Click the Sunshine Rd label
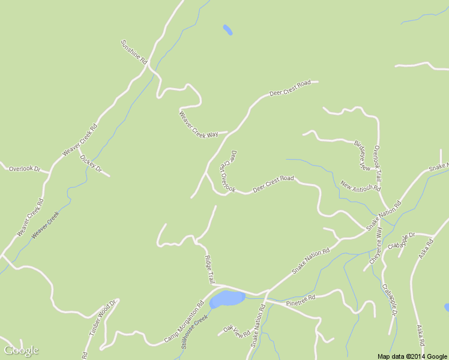tap(134, 52)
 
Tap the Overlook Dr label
tap(24, 169)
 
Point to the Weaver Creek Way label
tap(199, 124)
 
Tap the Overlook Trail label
tap(378, 164)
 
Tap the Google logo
tap(21, 350)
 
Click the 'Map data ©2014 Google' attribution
tap(412, 356)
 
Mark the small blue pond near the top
tap(228, 29)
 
